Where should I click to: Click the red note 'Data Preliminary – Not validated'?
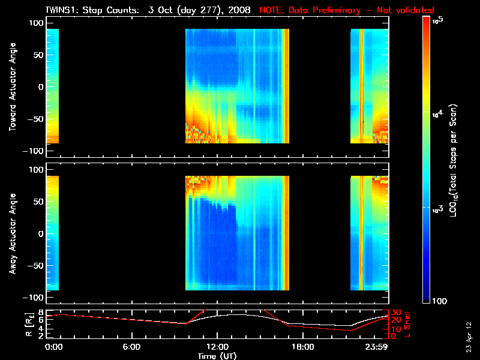pyautogui.click(x=347, y=10)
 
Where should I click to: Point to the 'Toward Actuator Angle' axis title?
pyautogui.click(x=11, y=87)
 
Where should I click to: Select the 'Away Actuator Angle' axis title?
pyautogui.click(x=11, y=234)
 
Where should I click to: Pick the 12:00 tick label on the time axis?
pyautogui.click(x=217, y=347)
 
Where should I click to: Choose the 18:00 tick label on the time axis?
pyautogui.click(x=302, y=347)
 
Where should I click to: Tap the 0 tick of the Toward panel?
pyautogui.click(x=41, y=87)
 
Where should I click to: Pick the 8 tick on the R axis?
pyautogui.click(x=41, y=313)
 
